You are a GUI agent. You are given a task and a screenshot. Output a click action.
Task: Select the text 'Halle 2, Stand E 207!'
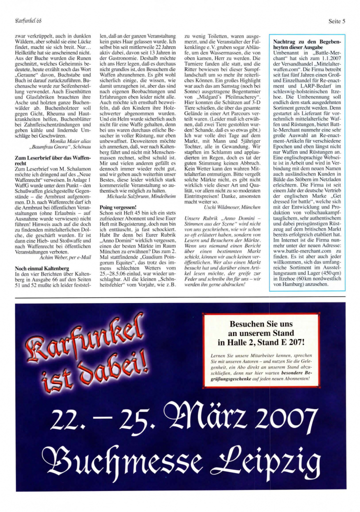coord(261,342)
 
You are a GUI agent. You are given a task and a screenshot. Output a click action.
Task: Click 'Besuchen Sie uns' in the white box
coord(261,323)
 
